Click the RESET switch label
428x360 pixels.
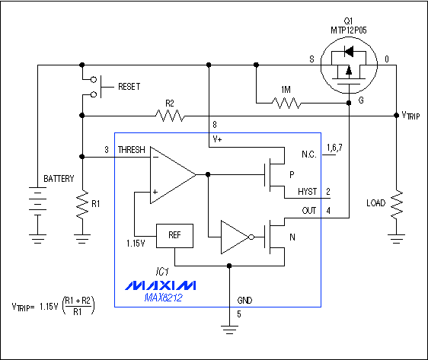(x=129, y=87)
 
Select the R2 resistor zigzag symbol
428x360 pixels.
(x=170, y=116)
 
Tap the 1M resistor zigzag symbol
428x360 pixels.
(x=286, y=103)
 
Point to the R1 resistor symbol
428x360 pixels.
(x=82, y=205)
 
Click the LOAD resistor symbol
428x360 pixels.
(x=397, y=205)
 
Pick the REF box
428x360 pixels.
(x=174, y=236)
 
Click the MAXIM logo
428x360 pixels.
(x=161, y=285)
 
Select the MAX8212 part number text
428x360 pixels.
(x=163, y=298)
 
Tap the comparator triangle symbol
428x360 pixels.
(x=173, y=175)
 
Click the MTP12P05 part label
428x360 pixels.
(x=349, y=30)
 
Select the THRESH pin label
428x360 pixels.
(x=131, y=150)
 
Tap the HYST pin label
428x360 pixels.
(x=308, y=192)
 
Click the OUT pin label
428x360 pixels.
(x=309, y=211)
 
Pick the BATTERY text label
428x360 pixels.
(x=59, y=179)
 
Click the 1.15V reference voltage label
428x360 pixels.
(x=136, y=244)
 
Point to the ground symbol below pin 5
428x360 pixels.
(x=229, y=330)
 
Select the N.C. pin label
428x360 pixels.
(x=309, y=155)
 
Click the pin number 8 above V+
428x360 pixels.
(x=215, y=125)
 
